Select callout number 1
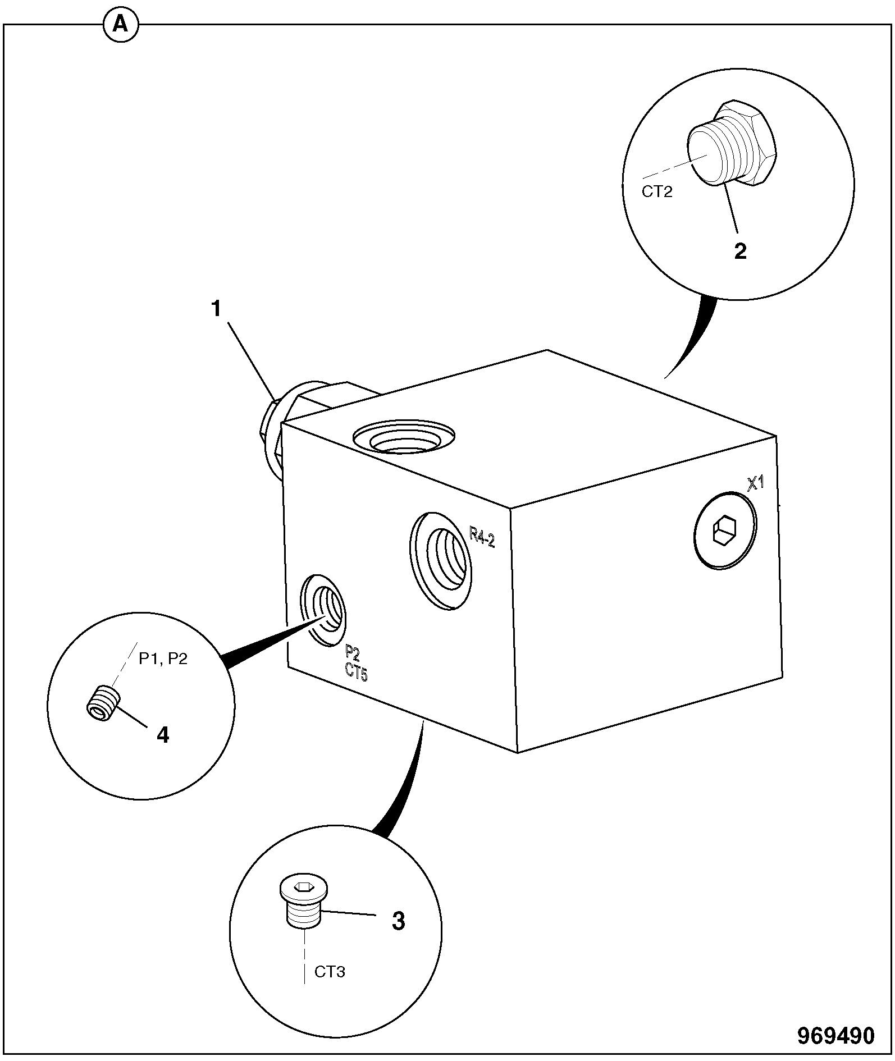tap(216, 309)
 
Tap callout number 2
tap(741, 251)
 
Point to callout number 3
tap(398, 921)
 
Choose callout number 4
tap(163, 734)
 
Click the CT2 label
tap(657, 192)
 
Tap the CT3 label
tap(330, 972)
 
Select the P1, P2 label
tap(163, 658)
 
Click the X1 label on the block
tap(756, 483)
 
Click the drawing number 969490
tap(836, 1036)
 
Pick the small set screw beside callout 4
tap(104, 702)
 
